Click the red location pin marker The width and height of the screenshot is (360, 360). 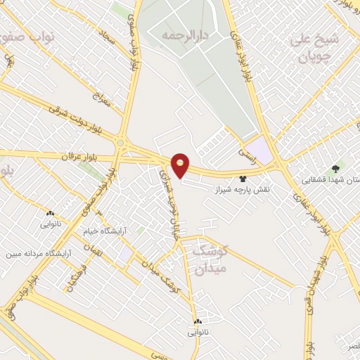pos(181,165)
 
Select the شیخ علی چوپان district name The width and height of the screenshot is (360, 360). pos(314,46)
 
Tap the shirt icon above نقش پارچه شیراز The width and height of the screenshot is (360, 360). pos(243,179)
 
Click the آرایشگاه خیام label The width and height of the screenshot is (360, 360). pos(103,231)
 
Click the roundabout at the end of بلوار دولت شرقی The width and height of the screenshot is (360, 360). pos(124,145)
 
